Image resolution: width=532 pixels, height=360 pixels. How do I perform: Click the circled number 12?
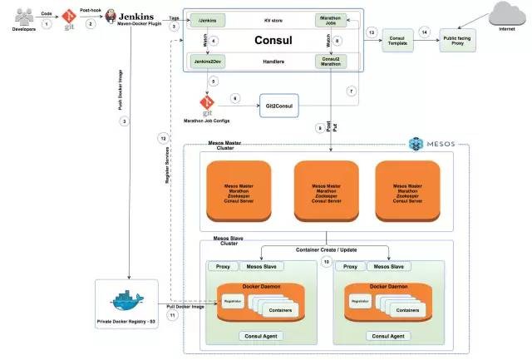tap(165, 138)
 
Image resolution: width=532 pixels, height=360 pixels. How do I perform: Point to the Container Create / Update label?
tap(328, 249)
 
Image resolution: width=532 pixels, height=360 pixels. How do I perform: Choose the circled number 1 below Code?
tap(47, 24)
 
